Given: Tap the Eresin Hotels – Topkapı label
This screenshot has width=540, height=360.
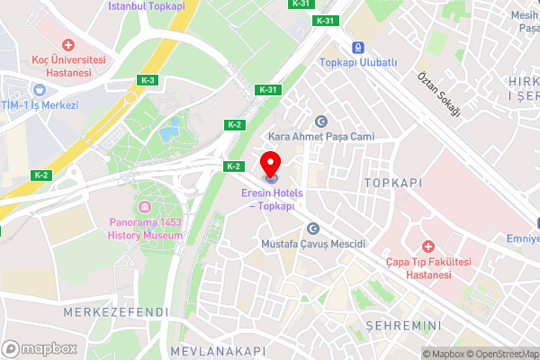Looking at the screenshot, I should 271,199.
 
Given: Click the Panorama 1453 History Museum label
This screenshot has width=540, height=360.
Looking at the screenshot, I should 147,229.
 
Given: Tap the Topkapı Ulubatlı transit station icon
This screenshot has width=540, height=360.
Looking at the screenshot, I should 359,47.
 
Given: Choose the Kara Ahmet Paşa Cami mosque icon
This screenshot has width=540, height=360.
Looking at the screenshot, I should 319,121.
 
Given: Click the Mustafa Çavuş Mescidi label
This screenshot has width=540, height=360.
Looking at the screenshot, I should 312,244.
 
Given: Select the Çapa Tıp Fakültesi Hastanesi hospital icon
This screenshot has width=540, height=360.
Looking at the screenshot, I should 428,245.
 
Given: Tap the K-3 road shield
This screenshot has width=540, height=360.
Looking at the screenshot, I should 148,81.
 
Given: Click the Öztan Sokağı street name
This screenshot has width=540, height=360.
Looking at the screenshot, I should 439,94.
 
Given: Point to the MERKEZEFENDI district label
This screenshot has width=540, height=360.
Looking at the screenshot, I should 116,311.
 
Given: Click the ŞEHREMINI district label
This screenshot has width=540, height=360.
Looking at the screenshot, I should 403,325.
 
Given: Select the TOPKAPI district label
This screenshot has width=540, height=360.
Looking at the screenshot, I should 393,182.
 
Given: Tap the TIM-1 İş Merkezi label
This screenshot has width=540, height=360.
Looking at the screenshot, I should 40,104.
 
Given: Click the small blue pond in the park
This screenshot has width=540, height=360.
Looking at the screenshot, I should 169,133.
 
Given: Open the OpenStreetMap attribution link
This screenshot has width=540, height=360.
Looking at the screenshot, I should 499,354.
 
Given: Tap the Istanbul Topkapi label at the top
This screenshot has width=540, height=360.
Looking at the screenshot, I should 147,5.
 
